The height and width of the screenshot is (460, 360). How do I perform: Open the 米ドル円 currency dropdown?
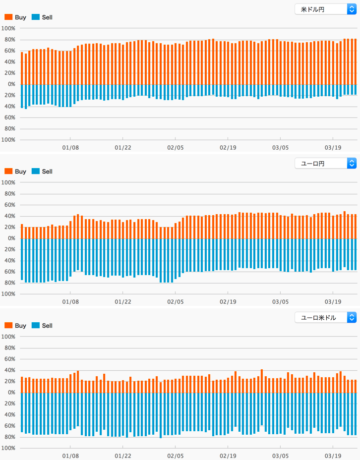click(325, 9)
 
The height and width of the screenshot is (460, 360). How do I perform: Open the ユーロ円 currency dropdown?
click(325, 163)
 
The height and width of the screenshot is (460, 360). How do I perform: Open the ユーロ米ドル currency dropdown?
click(325, 317)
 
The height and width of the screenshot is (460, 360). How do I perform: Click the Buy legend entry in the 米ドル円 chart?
click(15, 17)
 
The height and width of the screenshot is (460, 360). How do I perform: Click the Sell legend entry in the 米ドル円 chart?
click(42, 17)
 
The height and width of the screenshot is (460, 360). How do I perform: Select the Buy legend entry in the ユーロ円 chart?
click(15, 172)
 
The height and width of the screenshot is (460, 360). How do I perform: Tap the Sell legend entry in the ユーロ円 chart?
click(42, 172)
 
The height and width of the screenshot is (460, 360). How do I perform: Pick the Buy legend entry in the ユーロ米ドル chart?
click(15, 325)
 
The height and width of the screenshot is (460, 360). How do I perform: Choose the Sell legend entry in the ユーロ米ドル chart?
click(42, 325)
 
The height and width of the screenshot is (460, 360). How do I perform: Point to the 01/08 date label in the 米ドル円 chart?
click(70, 147)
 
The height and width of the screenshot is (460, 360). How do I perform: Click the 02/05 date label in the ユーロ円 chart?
click(176, 301)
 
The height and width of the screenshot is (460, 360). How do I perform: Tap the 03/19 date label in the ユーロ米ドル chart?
click(333, 456)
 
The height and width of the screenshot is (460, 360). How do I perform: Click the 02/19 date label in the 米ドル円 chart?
click(228, 147)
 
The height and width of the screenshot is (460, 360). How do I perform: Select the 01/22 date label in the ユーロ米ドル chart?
click(123, 456)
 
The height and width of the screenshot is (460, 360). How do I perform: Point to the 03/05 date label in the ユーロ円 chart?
click(281, 301)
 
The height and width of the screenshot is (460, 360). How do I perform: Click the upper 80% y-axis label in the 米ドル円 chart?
click(10, 40)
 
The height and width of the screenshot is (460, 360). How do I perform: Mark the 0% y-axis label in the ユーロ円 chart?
click(11, 238)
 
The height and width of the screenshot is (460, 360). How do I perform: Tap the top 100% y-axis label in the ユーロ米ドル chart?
click(8, 337)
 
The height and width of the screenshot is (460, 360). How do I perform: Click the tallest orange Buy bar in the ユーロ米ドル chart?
click(262, 381)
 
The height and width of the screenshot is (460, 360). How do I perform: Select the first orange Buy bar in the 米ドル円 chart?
click(22, 68)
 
